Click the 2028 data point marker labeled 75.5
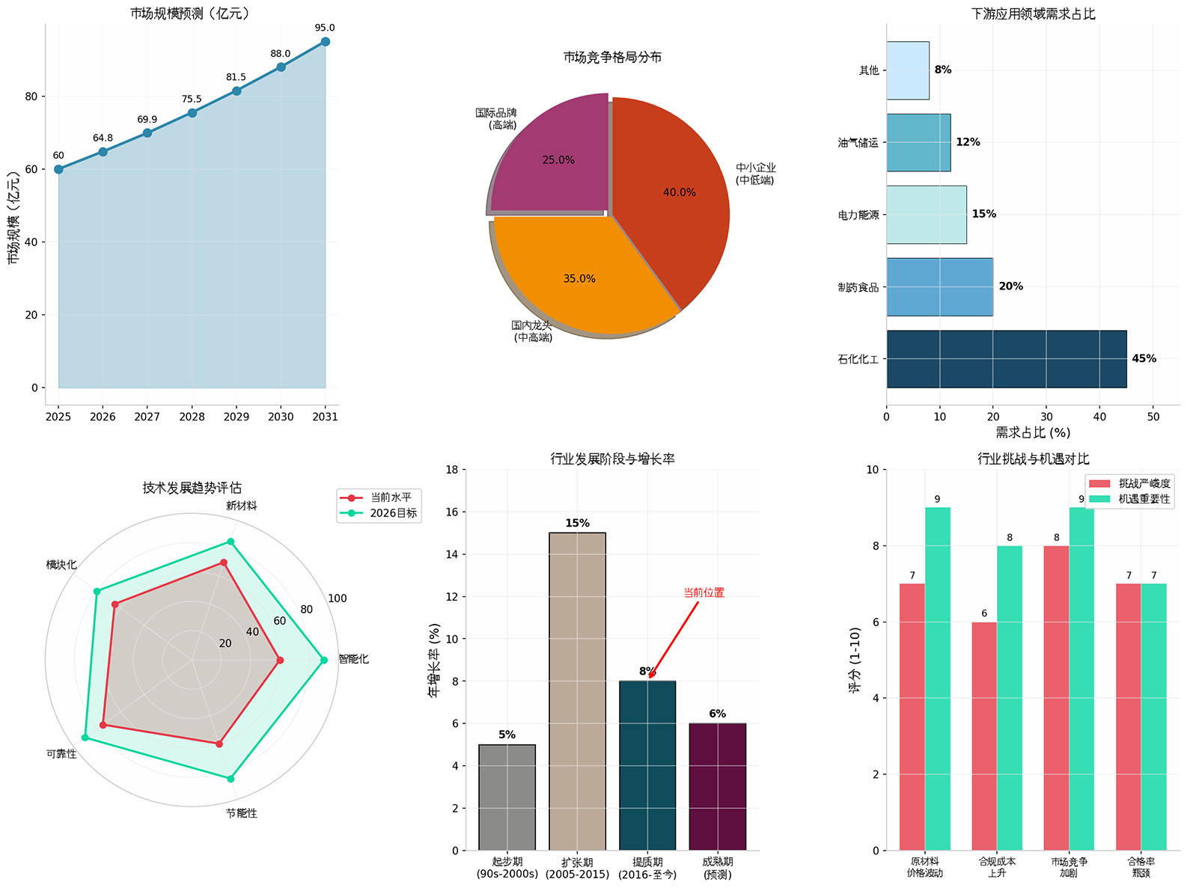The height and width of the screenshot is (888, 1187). pos(192,113)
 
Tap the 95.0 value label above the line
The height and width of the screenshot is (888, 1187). pos(325,28)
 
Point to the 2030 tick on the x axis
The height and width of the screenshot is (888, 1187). pos(281,417)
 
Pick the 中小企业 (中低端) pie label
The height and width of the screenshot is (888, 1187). pos(755,174)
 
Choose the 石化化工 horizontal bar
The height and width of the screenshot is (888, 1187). pos(1006,359)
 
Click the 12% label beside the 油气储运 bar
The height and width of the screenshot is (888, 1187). pos(968,142)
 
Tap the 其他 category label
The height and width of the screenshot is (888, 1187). pos(869,70)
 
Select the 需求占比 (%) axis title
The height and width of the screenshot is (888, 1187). pos(1033,432)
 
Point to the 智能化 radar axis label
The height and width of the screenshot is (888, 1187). pos(353,659)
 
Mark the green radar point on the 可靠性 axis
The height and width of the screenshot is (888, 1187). pos(85,738)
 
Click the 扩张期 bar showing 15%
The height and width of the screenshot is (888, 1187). pos(577,691)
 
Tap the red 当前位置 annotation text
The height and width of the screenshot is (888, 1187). pos(704,592)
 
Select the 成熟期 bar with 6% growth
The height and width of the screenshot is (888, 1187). pos(717,786)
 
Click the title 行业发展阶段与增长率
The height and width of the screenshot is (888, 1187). pos(612,459)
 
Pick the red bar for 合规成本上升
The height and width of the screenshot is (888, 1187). pos(984,736)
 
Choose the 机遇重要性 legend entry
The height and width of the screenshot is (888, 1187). pos(1144,499)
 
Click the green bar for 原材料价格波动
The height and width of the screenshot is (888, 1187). pos(938,679)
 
